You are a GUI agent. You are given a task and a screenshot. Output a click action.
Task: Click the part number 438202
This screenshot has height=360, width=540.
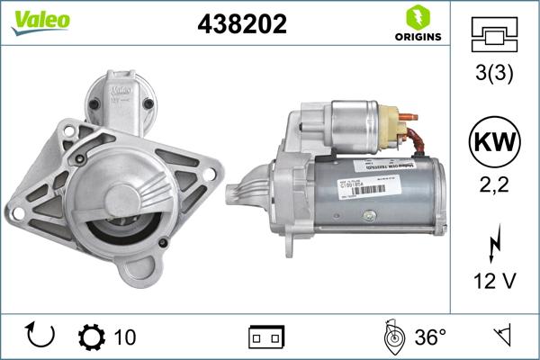pos(241,24)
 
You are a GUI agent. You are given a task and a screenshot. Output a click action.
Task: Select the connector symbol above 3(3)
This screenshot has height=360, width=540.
pos(494,34)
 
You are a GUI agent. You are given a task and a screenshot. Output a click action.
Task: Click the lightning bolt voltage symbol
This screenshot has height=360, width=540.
pos(494,243)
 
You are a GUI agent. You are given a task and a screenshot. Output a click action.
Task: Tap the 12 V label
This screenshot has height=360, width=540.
pos(494,282)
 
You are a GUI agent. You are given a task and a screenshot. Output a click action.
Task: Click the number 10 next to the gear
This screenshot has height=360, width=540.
pos(126,337)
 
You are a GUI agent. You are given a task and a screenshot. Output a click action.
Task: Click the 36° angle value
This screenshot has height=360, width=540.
pos(430,337)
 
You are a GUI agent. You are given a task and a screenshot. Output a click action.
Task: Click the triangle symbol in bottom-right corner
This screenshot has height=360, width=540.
pos(502,337)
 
